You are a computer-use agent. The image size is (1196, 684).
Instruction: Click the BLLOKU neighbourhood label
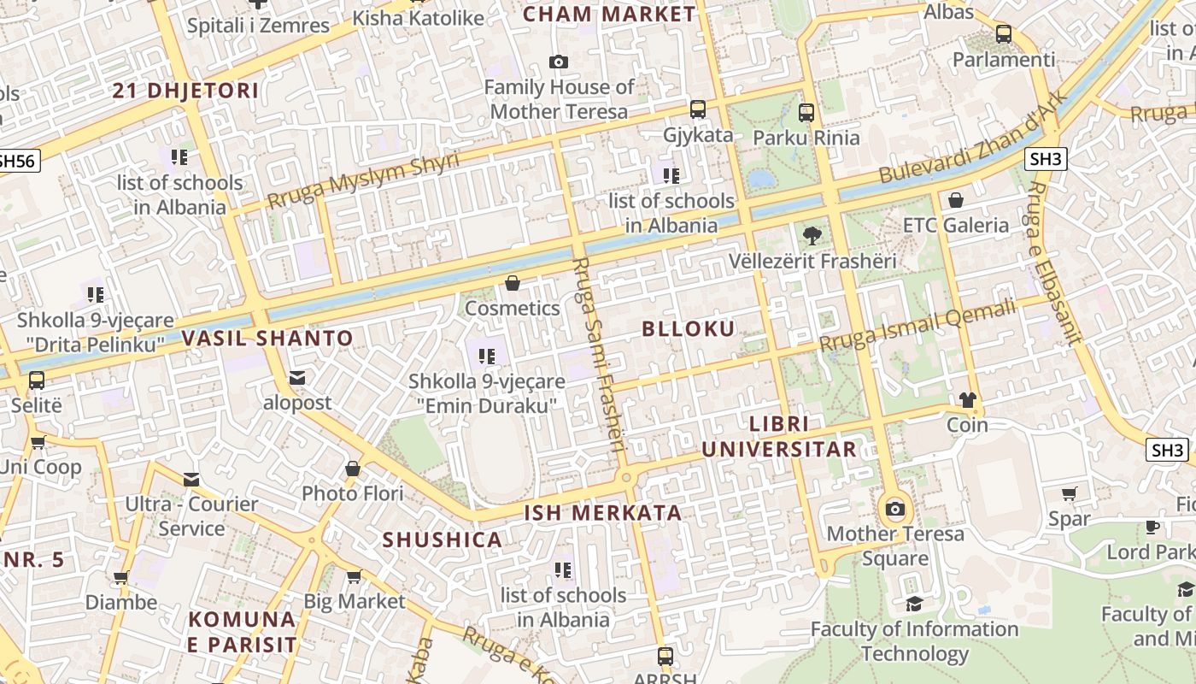click(688, 329)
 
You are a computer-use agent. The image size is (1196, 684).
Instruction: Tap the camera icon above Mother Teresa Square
click(894, 510)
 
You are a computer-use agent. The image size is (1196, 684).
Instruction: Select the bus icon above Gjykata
click(698, 109)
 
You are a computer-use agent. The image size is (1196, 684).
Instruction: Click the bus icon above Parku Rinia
click(806, 112)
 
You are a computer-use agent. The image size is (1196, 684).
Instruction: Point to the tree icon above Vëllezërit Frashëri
click(812, 235)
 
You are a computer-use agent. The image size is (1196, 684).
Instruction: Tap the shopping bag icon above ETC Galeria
click(956, 200)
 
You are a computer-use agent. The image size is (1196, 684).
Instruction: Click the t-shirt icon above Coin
click(967, 399)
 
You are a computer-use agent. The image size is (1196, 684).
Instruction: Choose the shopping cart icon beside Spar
click(1069, 493)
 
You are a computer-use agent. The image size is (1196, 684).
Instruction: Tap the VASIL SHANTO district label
click(267, 338)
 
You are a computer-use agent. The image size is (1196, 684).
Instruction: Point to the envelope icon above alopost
click(296, 377)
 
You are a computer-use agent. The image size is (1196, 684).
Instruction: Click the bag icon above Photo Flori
click(352, 469)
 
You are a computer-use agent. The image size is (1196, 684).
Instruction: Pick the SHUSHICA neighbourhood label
click(442, 540)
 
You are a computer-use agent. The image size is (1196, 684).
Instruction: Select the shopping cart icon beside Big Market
click(354, 576)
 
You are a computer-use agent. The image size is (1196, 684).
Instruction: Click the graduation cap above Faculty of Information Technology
click(913, 604)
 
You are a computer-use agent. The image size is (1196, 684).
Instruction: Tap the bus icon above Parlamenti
click(1004, 34)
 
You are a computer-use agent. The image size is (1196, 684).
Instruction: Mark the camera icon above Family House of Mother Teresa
click(559, 62)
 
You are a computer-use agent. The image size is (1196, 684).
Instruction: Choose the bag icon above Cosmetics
click(513, 283)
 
